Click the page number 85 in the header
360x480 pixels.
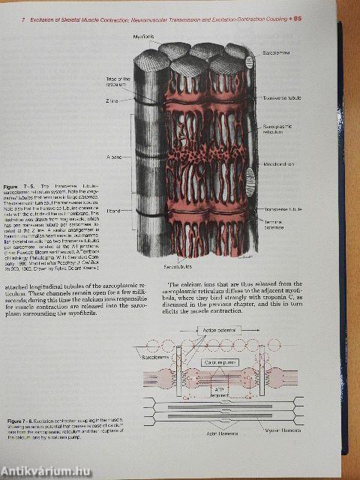(x=319, y=19)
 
